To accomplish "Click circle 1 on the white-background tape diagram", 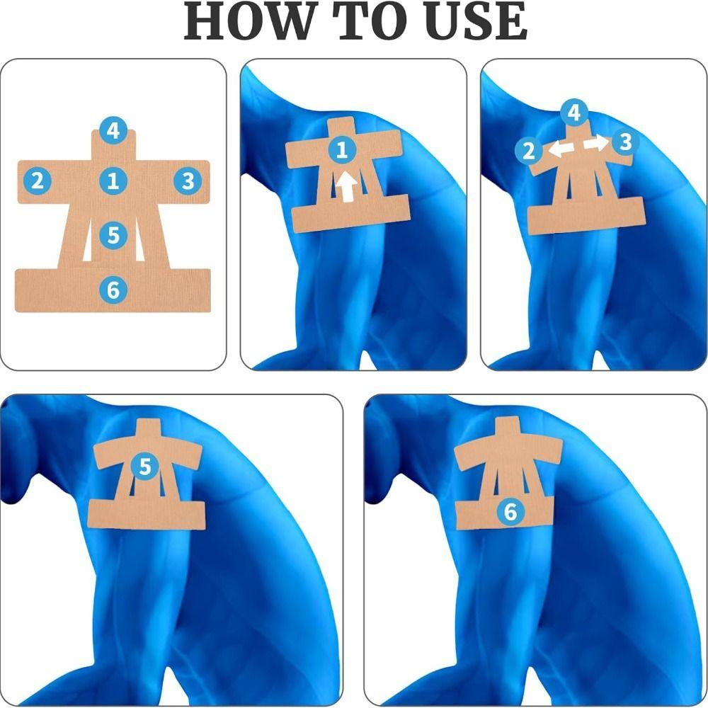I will point(113,181).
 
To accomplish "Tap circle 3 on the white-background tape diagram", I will point(188,181).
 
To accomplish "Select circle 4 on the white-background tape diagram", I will point(113,130).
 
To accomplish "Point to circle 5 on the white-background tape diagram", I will point(113,234).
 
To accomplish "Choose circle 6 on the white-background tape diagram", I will point(113,289).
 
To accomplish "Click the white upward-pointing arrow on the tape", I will point(346,188).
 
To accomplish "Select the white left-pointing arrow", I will point(563,149).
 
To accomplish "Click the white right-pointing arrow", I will point(595,143).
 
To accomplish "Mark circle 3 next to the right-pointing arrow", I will point(624,142).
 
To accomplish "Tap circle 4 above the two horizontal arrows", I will point(574,112).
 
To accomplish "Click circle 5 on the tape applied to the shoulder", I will point(145,467).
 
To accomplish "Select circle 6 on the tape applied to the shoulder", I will point(510,511).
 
